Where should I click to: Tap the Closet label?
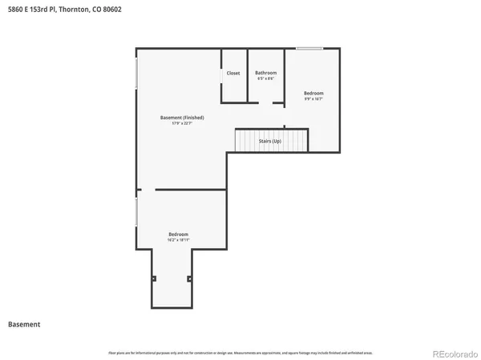point(232,73)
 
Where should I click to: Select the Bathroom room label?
point(265,73)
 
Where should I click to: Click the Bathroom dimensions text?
point(265,78)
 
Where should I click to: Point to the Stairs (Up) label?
point(269,141)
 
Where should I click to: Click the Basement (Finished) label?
point(182,118)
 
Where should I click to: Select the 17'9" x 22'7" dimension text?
point(182,123)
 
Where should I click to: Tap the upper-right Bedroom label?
point(313,94)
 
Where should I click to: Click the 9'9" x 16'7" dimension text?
point(313,99)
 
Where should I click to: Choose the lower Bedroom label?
point(178,234)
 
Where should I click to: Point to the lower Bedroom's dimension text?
point(178,239)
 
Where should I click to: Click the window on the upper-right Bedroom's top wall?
point(309,49)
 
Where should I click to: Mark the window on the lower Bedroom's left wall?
point(136,212)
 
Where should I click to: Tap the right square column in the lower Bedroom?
point(189,278)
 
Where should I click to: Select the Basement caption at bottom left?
point(24,325)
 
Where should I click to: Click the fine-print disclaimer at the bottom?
point(240,352)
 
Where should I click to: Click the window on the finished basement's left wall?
point(136,74)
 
